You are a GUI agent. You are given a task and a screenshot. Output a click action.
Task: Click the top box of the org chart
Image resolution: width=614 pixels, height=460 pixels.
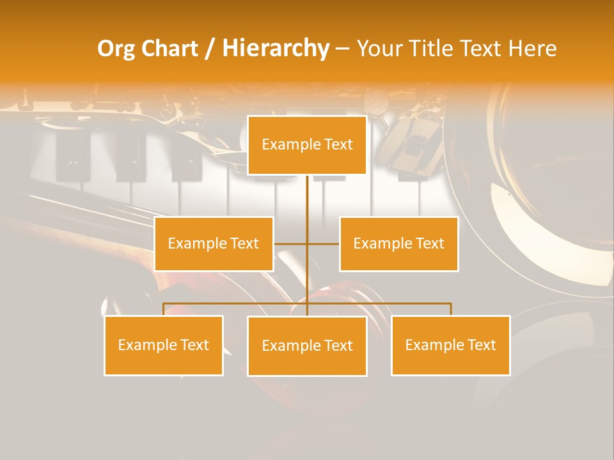coord(307,145)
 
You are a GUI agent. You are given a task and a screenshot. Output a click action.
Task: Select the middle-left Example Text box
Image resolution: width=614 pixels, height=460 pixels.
coord(214,243)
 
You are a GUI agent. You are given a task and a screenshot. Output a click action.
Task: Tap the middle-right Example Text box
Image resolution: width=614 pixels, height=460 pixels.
coord(398,243)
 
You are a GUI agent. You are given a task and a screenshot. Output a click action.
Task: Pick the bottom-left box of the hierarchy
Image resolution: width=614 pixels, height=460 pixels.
coord(164,345)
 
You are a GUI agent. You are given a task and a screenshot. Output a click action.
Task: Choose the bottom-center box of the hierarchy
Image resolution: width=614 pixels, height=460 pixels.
coord(307,346)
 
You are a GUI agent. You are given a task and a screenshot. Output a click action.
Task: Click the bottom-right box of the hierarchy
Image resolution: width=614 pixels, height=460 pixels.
coord(450,345)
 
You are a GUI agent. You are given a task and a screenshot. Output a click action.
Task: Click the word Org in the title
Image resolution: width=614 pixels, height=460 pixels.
coord(116,49)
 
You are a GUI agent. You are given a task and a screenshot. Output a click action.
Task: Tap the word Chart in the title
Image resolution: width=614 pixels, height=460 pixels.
coord(170,49)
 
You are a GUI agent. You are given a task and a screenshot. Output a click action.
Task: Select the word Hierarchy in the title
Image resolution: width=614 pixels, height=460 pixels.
coord(276,49)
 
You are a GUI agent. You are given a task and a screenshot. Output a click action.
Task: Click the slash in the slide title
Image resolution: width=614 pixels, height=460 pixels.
coord(210,49)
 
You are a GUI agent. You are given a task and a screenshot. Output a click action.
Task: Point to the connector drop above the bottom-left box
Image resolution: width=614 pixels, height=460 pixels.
coord(164,309)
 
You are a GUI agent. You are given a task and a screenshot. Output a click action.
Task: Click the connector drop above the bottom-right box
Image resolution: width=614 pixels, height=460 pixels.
coord(450,309)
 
